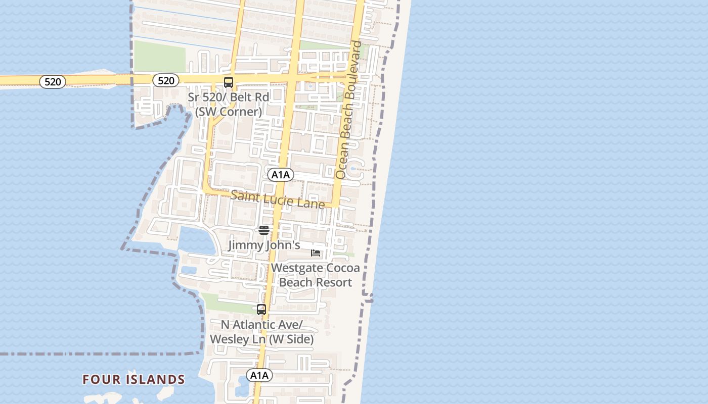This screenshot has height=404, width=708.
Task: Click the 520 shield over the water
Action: [x=53, y=81]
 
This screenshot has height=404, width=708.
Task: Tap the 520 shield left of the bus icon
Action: [x=166, y=80]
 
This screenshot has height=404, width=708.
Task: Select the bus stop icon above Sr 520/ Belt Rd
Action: [x=229, y=82]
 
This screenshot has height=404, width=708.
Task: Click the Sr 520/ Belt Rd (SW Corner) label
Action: [x=228, y=104]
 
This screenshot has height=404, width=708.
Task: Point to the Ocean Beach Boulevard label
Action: [x=349, y=110]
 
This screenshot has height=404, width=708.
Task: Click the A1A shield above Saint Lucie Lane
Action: [x=281, y=175]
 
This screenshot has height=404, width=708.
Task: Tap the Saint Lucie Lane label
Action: [x=278, y=199]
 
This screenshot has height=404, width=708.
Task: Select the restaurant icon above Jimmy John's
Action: [x=264, y=230]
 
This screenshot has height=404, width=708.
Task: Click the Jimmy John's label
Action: [x=264, y=245]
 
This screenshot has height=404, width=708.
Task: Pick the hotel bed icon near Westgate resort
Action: [x=316, y=252]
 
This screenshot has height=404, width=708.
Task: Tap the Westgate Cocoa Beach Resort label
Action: [x=316, y=275]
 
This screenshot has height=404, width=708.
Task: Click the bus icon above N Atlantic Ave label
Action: [x=261, y=310]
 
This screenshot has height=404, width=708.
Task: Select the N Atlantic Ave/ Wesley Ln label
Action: [x=261, y=332]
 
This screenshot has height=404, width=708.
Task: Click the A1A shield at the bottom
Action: [x=259, y=375]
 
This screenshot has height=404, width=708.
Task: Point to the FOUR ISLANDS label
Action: [x=134, y=379]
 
